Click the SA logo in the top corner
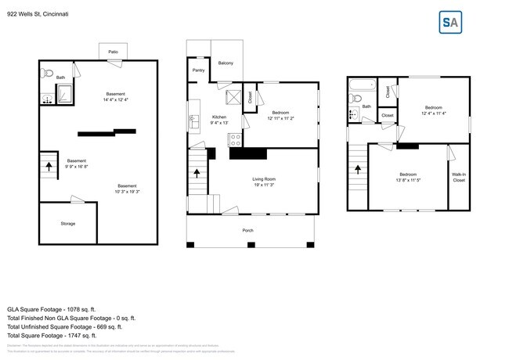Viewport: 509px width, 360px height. (449, 23)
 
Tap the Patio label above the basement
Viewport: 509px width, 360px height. (113, 51)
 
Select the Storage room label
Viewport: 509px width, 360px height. (68, 224)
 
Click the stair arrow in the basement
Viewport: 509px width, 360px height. (49, 165)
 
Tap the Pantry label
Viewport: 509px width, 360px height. (198, 70)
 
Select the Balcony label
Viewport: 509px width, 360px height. (226, 63)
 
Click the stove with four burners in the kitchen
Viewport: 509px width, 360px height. (234, 140)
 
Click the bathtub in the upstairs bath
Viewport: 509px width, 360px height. (364, 84)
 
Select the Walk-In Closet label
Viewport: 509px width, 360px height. (458, 178)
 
